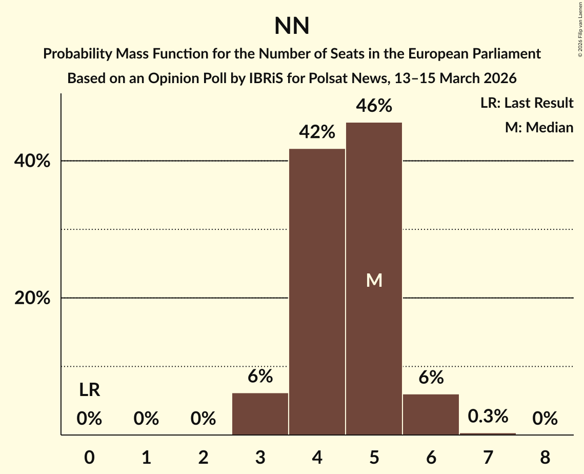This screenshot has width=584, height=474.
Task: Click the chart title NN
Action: pyautogui.click(x=292, y=26)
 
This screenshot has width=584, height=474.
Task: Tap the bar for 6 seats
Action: pyautogui.click(x=431, y=414)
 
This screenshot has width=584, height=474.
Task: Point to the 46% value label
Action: pyautogui.click(x=374, y=106)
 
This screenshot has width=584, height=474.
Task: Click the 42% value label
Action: pyautogui.click(x=317, y=132)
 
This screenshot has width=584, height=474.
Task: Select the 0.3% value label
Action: pyautogui.click(x=488, y=416)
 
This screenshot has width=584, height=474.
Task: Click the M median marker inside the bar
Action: pyautogui.click(x=374, y=280)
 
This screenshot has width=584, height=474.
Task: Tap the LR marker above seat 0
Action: pyautogui.click(x=89, y=390)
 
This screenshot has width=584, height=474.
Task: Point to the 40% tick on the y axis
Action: pyautogui.click(x=32, y=161)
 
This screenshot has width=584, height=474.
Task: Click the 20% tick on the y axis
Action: pyautogui.click(x=32, y=298)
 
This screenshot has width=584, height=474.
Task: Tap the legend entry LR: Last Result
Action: pyautogui.click(x=527, y=103)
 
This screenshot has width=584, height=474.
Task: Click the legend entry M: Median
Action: pyautogui.click(x=539, y=127)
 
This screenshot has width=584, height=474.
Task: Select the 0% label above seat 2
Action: pyautogui.click(x=203, y=419)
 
